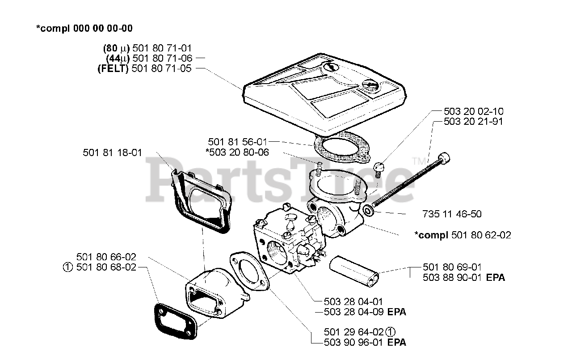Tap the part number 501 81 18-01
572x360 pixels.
click(112, 152)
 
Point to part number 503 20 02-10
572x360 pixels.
click(473, 111)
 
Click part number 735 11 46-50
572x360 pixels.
click(452, 214)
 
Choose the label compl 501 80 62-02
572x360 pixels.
click(463, 235)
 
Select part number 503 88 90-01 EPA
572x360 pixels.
click(463, 278)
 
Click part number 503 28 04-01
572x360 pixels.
click(353, 302)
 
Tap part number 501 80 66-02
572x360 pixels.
click(106, 257)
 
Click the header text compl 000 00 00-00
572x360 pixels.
click(84, 28)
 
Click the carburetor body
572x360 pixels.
click(286, 244)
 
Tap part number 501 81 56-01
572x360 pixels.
click(238, 142)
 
